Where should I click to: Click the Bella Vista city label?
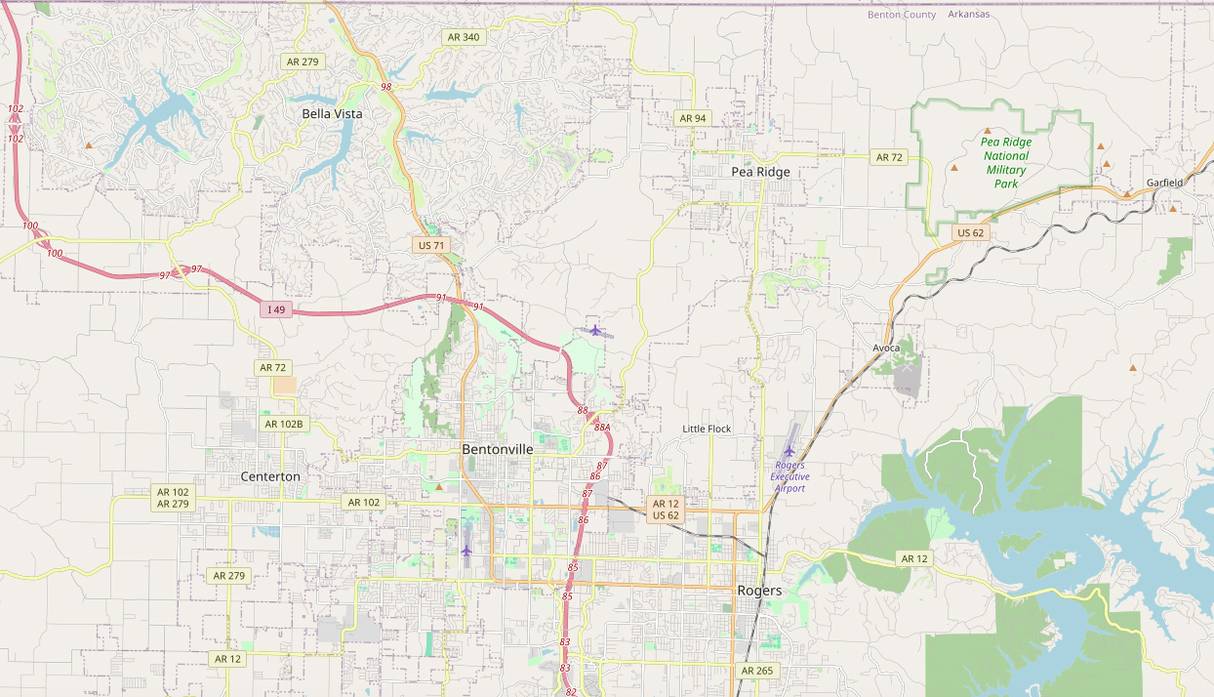point(332,113)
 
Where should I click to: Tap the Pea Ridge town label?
point(760,172)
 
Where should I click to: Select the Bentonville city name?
point(498,449)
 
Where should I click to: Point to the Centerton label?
point(270,476)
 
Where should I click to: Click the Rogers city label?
point(759,591)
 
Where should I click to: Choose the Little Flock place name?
point(707,429)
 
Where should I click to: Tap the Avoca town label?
point(886,348)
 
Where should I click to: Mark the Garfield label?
point(1164,183)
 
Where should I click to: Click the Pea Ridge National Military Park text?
point(1006,162)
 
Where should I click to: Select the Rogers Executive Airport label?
point(789,476)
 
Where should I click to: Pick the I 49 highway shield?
point(277,309)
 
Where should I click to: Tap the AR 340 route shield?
point(463,37)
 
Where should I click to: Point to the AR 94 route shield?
point(692,118)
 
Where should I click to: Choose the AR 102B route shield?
point(285,424)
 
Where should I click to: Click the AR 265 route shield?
point(756,671)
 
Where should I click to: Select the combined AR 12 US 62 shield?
point(666,509)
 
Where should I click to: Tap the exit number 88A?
point(601,428)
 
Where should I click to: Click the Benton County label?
point(902,15)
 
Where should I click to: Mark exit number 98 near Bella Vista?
point(386,87)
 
